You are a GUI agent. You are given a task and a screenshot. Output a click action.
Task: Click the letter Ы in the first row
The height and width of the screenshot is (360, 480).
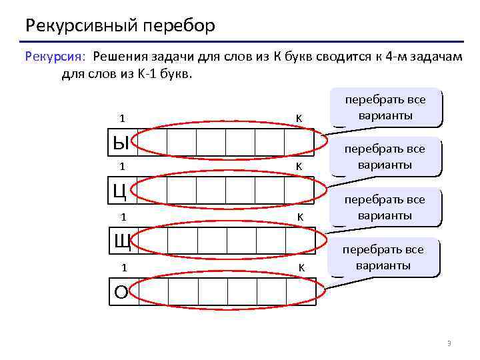(x=121, y=141)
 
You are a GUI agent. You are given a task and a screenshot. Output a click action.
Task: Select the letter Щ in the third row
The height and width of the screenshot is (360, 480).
(x=121, y=241)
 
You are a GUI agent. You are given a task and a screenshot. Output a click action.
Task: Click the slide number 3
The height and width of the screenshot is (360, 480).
(x=449, y=343)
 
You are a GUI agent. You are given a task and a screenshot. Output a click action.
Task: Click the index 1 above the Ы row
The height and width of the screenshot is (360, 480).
(x=122, y=118)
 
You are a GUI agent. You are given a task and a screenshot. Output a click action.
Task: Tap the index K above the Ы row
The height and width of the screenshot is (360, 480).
(x=299, y=118)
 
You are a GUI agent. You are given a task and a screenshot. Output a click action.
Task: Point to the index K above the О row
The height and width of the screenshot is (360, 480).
(x=301, y=267)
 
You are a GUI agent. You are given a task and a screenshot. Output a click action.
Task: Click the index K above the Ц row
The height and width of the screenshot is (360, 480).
(x=299, y=166)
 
